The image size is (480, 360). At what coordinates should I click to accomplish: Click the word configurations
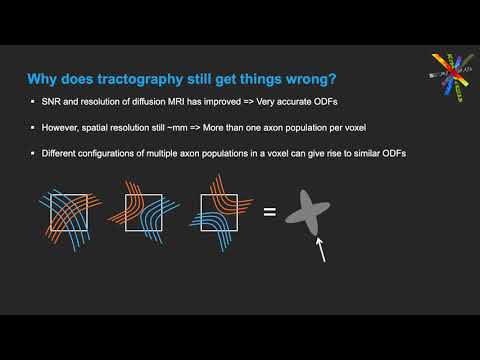(x=110, y=152)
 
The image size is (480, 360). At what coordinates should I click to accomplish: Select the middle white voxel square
(x=143, y=211)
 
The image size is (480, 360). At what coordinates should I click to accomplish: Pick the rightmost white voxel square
(x=216, y=211)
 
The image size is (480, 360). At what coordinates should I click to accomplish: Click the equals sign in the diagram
(x=268, y=211)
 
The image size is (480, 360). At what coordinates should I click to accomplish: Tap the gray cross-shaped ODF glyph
(x=309, y=211)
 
